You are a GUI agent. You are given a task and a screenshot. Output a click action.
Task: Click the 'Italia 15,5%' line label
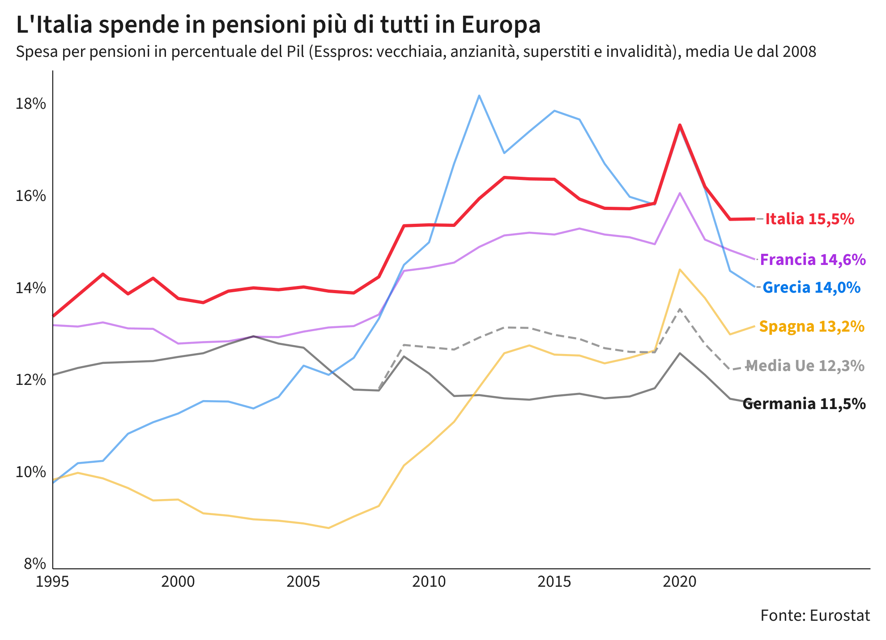coord(809,219)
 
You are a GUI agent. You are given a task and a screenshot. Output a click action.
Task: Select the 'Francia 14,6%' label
coord(813,260)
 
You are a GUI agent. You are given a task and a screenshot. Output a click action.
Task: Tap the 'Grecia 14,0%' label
coord(811,287)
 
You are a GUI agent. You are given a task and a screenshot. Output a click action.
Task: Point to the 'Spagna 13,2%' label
coord(812,327)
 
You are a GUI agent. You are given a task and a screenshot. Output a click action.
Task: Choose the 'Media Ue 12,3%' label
coord(805,366)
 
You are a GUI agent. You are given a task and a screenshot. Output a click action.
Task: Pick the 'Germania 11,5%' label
coord(804,404)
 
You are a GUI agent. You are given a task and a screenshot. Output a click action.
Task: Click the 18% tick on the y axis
coord(31,104)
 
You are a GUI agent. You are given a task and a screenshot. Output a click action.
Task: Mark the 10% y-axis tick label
coord(31,472)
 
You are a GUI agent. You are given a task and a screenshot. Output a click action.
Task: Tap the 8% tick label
coord(34,563)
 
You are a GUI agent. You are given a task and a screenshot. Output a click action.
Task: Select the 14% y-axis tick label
coord(31,288)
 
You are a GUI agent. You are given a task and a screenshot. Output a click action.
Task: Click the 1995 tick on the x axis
coord(53,581)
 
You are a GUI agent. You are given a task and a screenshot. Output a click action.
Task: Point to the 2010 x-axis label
coord(429,581)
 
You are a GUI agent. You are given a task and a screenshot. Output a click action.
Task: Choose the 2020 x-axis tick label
coord(680,581)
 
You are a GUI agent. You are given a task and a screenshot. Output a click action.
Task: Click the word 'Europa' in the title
coord(501,25)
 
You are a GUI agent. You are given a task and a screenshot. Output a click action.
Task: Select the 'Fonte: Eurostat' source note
coord(815,615)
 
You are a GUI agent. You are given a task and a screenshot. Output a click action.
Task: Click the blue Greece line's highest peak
coord(479,95)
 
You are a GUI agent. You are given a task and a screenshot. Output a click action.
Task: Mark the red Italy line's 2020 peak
coord(680,124)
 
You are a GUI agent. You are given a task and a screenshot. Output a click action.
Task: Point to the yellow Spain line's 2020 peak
coord(680,269)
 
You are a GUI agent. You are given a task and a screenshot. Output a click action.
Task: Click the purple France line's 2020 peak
coord(680,193)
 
